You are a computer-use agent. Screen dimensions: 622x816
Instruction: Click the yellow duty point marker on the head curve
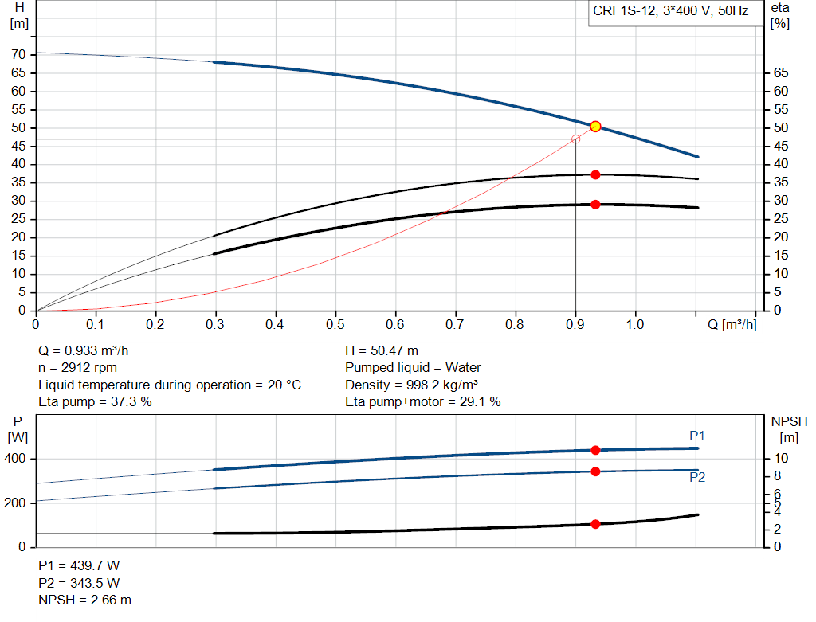pyautogui.click(x=595, y=127)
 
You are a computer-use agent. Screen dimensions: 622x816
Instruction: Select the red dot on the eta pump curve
pyautogui.click(x=595, y=174)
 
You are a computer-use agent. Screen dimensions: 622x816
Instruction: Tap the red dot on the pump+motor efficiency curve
pyautogui.click(x=595, y=205)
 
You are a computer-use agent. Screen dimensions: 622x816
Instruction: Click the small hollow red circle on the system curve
pyautogui.click(x=575, y=139)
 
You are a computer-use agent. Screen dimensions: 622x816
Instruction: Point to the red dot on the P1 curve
pyautogui.click(x=595, y=450)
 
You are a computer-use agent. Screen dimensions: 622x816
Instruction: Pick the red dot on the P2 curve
pyautogui.click(x=595, y=471)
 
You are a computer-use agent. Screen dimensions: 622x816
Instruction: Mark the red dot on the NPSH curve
pyautogui.click(x=595, y=524)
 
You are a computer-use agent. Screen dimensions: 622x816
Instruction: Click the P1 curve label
pyautogui.click(x=697, y=436)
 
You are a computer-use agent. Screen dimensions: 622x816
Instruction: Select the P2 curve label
pyautogui.click(x=697, y=478)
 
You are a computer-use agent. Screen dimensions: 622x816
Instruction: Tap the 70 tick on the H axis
pyautogui.click(x=18, y=54)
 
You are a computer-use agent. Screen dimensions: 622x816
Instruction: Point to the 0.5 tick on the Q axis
pyautogui.click(x=335, y=325)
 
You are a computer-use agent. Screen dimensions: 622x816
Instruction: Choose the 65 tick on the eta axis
pyautogui.click(x=780, y=72)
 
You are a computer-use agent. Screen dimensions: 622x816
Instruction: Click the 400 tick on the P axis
pyautogui.click(x=16, y=459)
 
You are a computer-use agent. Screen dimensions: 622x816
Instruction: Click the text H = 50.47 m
pyautogui.click(x=382, y=350)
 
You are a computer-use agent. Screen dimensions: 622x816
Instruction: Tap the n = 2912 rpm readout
pyautogui.click(x=77, y=368)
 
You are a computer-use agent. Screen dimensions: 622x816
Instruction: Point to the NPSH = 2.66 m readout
pyautogui.click(x=85, y=600)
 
